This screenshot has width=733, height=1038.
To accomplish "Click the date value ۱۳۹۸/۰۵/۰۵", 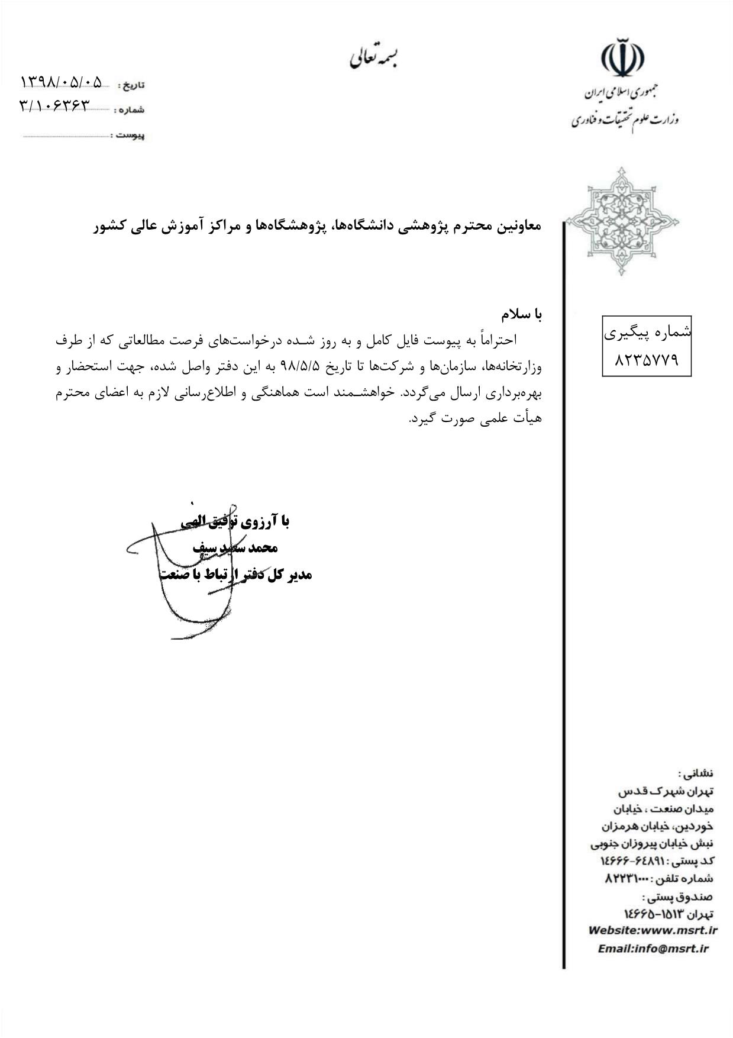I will [62, 81].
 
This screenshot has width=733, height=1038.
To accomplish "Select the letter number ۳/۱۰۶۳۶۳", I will [55, 105].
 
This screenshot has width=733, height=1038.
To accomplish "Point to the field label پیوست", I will [130, 136].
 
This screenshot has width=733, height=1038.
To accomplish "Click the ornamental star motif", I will [622, 221].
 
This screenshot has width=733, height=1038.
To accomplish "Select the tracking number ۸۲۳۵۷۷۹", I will [647, 359].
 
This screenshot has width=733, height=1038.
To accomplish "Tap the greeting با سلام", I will [521, 314].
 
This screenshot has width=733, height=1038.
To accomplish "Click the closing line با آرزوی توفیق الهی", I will [235, 521].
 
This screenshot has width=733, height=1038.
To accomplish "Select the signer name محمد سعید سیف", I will [235, 547].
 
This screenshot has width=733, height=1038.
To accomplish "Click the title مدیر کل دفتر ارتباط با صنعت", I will [235, 574].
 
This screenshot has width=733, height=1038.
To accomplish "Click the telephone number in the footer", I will [627, 879].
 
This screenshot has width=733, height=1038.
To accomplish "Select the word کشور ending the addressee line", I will [109, 226].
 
